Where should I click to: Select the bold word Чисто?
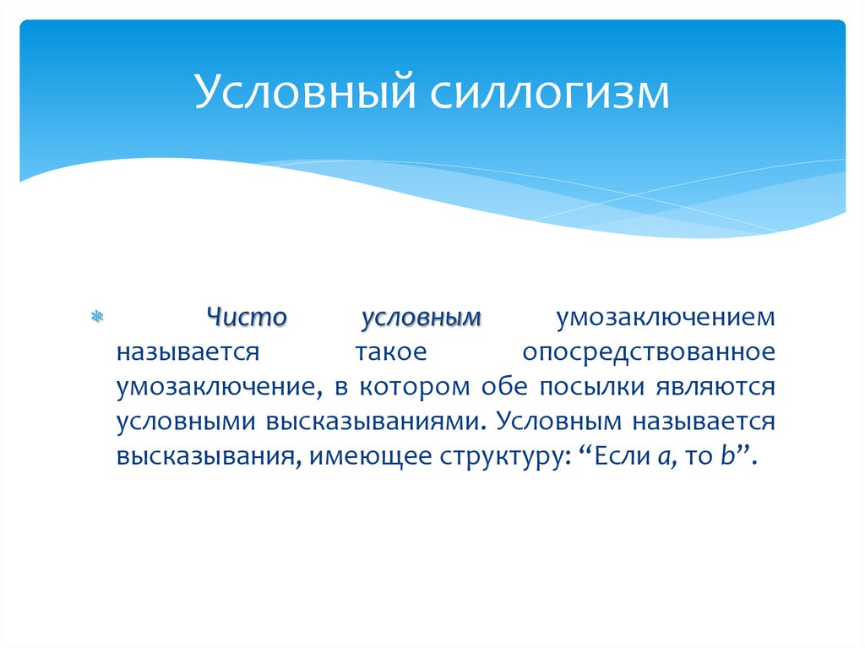point(248,318)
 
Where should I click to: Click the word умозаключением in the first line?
point(665,318)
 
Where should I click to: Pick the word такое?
point(381,351)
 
